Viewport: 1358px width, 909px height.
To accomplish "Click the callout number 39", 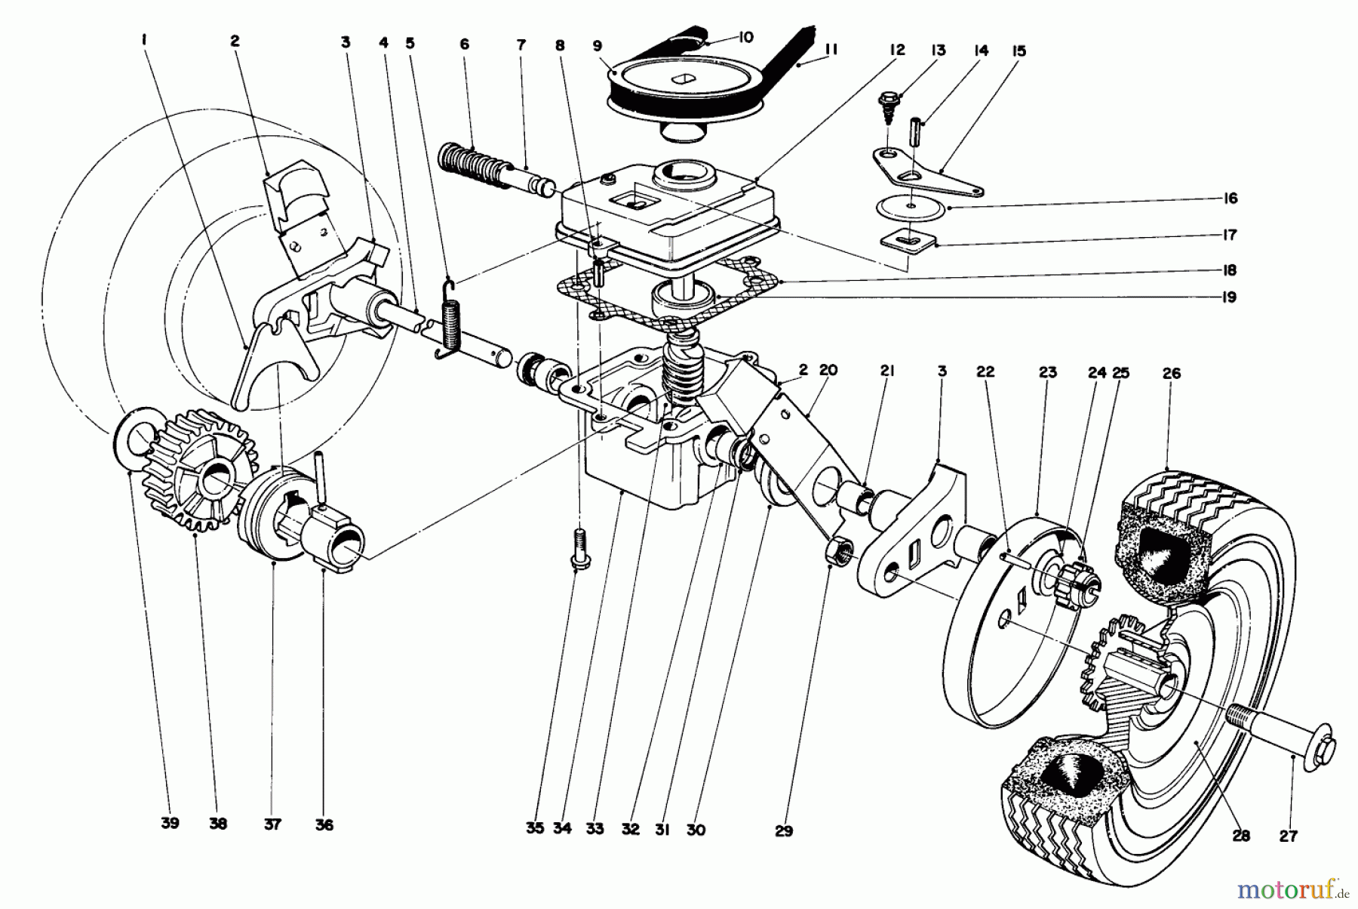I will point(170,824).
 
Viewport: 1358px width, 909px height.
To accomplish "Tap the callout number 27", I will point(1288,836).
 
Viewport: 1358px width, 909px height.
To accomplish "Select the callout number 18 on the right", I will point(1230,270).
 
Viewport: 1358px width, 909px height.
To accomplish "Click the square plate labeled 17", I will point(910,242).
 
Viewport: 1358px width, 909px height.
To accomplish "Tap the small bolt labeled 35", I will point(579,548).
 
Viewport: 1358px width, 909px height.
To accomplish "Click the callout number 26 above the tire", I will point(1171,373).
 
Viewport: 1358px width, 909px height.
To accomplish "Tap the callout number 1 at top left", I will point(143,43).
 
